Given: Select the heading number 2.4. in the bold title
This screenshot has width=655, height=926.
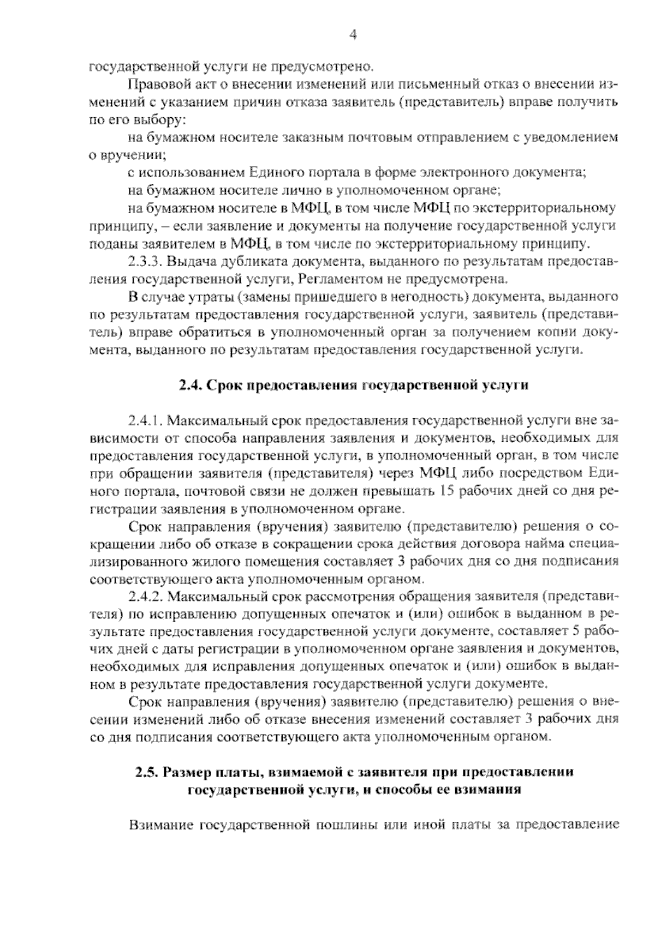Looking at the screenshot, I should [192, 386].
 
